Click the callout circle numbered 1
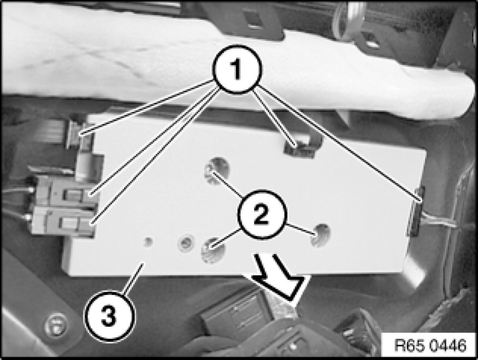click(x=237, y=69)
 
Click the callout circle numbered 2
click(x=262, y=214)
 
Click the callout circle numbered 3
click(x=109, y=316)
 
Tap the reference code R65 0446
click(x=430, y=345)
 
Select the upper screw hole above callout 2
click(x=216, y=170)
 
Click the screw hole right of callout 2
click(x=320, y=235)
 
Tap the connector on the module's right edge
click(x=416, y=211)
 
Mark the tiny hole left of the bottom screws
click(x=148, y=241)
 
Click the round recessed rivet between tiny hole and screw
click(x=186, y=243)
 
